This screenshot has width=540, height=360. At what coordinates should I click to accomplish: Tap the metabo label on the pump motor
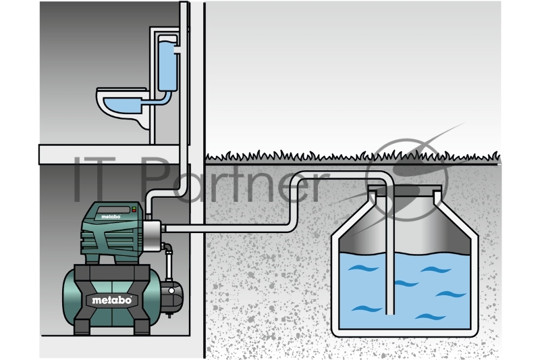110,217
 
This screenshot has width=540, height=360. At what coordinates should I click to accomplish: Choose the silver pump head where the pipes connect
153,234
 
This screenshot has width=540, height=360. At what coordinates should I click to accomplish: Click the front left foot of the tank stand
82,330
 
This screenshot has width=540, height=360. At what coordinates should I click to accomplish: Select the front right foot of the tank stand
143,330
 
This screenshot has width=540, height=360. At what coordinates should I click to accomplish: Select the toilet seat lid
120,93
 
